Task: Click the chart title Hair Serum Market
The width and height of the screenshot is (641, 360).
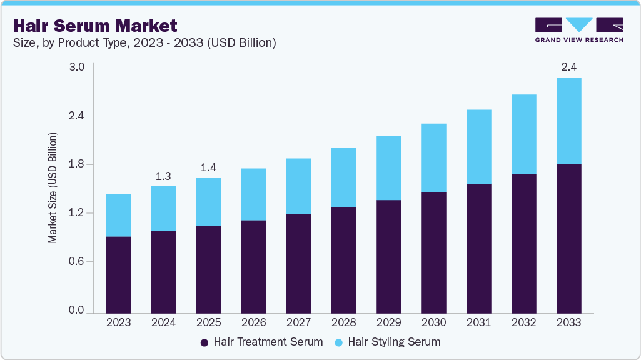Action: pyautogui.click(x=95, y=26)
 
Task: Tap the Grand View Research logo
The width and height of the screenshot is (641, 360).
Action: pyautogui.click(x=579, y=29)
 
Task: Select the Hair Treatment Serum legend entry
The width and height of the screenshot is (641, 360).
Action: pyautogui.click(x=262, y=342)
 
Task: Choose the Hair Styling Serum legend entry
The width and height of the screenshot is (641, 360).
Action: pyautogui.click(x=388, y=342)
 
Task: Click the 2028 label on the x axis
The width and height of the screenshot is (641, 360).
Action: pyautogui.click(x=343, y=322)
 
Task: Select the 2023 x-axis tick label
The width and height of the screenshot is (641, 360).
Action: pyautogui.click(x=118, y=322)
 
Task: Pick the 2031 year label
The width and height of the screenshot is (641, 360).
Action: pyautogui.click(x=478, y=322)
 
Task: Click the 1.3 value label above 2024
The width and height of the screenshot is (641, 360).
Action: pyautogui.click(x=163, y=176)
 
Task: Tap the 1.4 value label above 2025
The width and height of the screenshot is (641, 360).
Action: pyautogui.click(x=208, y=167)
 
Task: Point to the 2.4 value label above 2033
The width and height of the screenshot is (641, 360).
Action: pyautogui.click(x=568, y=67)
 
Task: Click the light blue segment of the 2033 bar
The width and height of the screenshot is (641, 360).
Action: pyautogui.click(x=568, y=121)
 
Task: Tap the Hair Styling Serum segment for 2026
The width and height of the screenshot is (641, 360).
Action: pyautogui.click(x=253, y=194)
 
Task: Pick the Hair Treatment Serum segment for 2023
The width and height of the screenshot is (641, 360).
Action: pyautogui.click(x=118, y=274)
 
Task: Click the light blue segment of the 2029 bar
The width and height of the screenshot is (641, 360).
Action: pyautogui.click(x=388, y=168)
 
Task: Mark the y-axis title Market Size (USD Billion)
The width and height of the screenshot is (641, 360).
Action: pyautogui.click(x=53, y=188)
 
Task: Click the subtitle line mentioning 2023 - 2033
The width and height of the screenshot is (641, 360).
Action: pyautogui.click(x=144, y=43)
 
